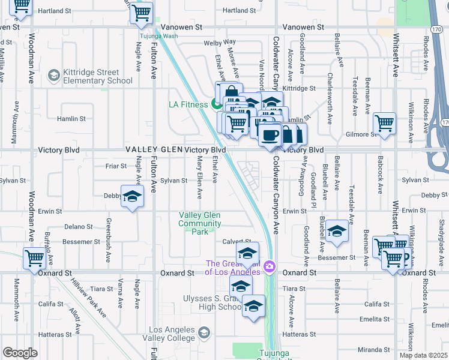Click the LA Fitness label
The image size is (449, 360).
point(187,105)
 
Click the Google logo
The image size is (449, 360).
point(20,353)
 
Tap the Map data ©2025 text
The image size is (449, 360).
point(423,355)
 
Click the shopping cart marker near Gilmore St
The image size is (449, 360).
point(385,124)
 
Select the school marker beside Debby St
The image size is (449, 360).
point(132,196)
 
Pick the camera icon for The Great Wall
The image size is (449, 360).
point(270,266)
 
